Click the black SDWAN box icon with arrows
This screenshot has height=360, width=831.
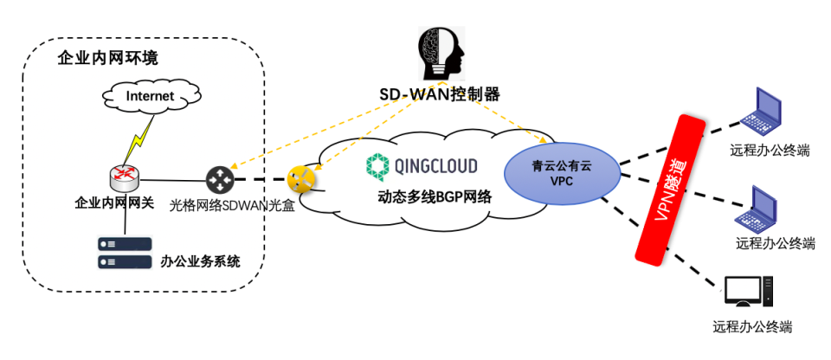219,180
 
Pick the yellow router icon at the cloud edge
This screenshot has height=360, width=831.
300,180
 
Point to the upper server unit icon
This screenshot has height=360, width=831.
124,243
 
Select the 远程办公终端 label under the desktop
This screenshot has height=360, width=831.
752,328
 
